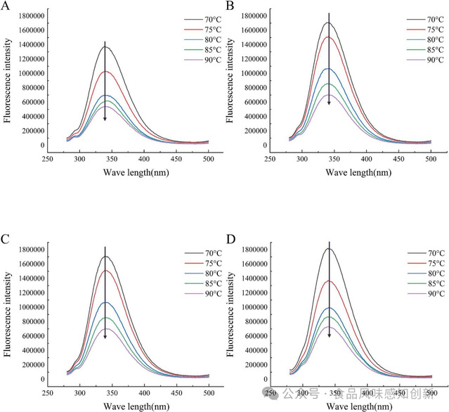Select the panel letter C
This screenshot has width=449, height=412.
pos(6,239)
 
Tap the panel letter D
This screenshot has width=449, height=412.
pos(230,239)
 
